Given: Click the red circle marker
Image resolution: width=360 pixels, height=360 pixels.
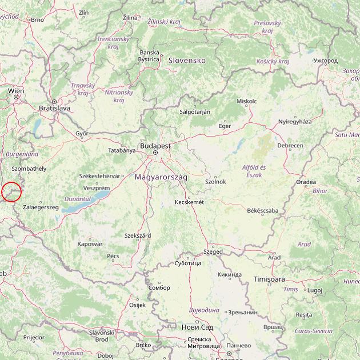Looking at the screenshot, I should point(11,191).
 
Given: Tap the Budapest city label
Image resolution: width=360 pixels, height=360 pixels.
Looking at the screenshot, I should point(155,146).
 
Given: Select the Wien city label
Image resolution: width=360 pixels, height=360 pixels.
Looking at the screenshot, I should point(16,91).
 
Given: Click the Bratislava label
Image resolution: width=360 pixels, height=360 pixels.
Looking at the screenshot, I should point(54,107).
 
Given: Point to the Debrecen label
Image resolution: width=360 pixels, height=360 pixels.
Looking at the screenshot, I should point(290,146).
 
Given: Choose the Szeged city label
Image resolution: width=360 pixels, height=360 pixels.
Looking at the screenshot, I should point(213,251).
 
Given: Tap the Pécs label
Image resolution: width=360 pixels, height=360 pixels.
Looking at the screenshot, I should point(113,256).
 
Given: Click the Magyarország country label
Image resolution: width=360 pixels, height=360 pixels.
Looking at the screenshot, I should point(161,177).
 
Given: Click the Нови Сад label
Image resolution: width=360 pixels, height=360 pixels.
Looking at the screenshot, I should point(197,327).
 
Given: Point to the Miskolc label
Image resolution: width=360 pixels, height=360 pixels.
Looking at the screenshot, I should point(247,101).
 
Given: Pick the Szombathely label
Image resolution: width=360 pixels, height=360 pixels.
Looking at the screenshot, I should point(29,169).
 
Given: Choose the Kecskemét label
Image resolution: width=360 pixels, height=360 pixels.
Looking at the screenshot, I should point(189,202).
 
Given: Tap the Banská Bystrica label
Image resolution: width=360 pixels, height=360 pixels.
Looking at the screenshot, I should point(149,55).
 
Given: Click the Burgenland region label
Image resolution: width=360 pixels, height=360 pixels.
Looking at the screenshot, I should point(22,154).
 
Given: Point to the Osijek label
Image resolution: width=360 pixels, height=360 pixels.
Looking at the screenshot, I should point(137,305).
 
